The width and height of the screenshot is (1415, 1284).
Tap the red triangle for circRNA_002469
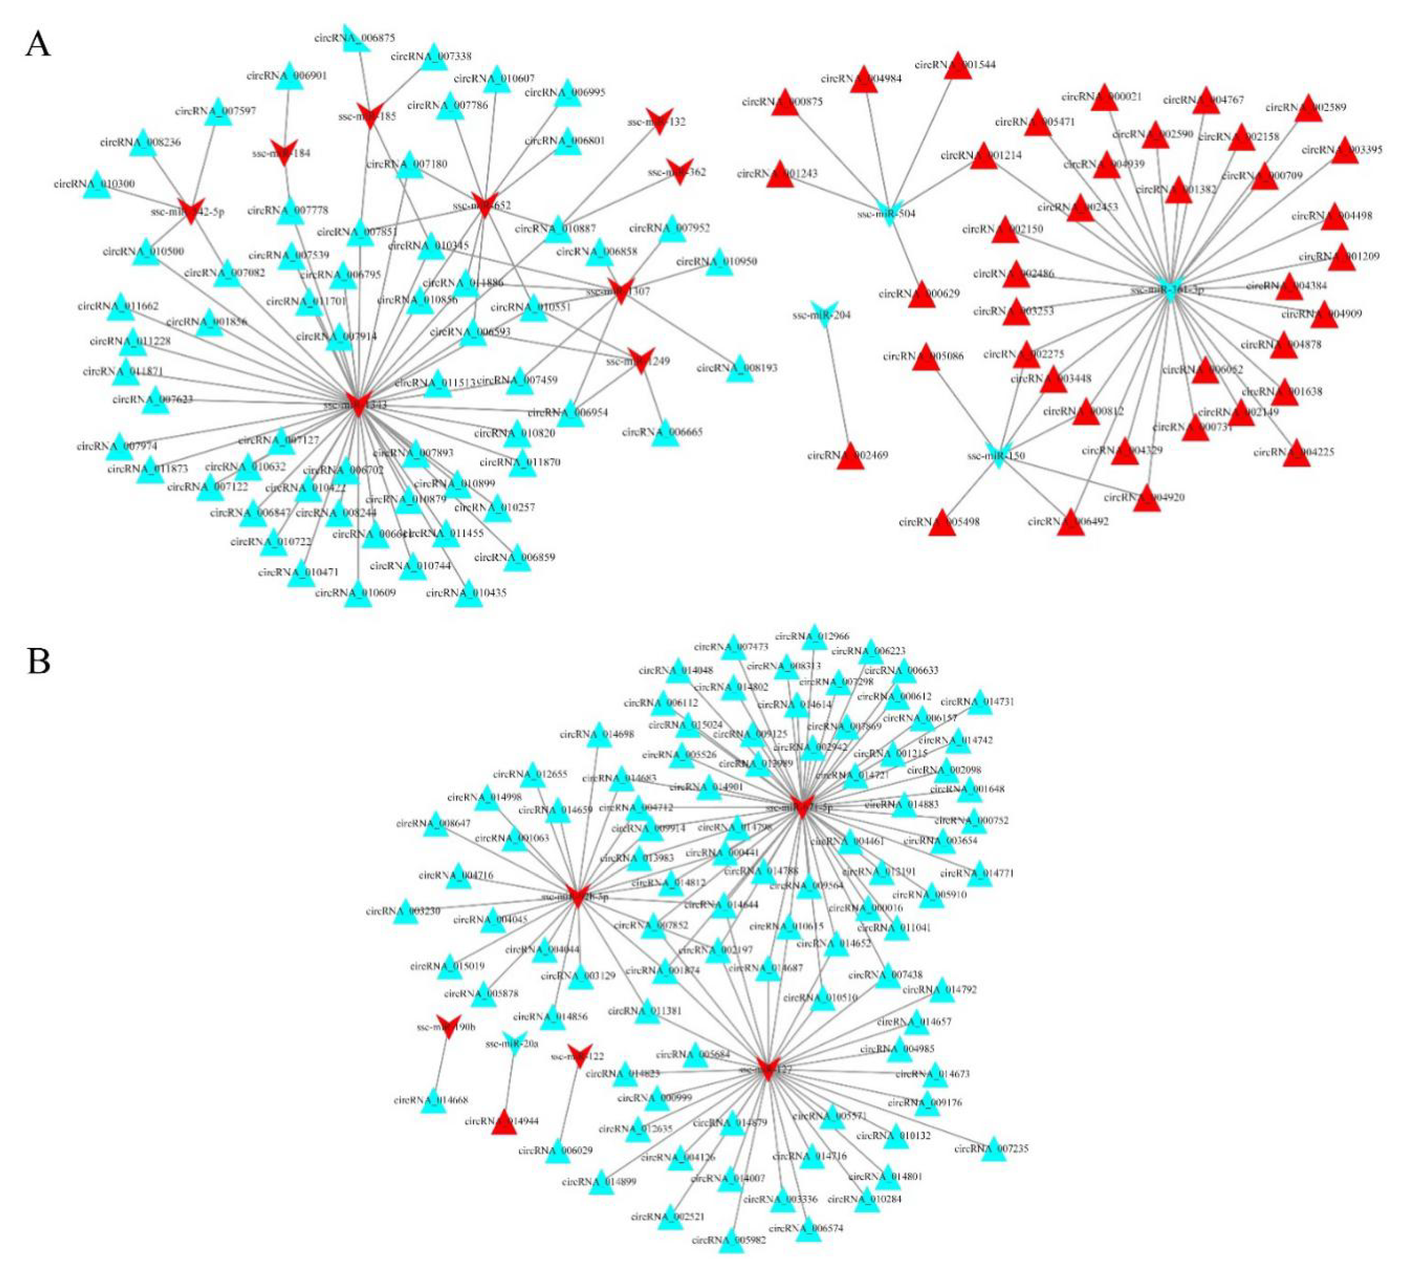(851, 456)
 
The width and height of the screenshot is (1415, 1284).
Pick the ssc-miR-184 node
(284, 152)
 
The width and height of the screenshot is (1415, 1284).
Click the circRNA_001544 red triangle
(957, 66)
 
